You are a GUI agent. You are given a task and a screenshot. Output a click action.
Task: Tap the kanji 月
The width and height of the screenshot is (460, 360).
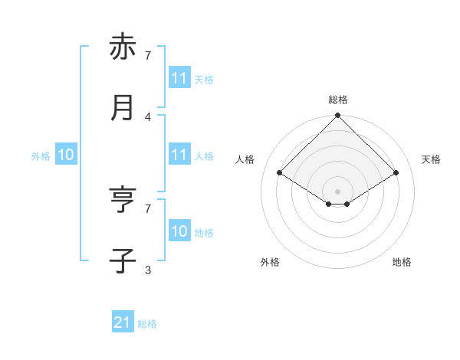(123, 108)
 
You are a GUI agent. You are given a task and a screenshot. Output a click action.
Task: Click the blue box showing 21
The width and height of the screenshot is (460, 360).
(123, 323)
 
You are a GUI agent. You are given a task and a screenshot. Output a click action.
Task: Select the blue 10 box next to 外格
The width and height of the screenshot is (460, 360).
(66, 155)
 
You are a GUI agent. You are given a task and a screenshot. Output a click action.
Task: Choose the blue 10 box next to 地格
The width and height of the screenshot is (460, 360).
(179, 232)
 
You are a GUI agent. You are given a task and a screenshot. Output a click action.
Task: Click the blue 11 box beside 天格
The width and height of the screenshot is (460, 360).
(179, 79)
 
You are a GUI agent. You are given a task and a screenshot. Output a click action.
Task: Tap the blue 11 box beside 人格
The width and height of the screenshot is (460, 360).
(179, 155)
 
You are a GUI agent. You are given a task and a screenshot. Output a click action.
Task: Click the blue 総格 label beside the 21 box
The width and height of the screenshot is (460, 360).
(147, 324)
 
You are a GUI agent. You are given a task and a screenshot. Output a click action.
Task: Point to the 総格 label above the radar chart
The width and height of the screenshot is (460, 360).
(338, 100)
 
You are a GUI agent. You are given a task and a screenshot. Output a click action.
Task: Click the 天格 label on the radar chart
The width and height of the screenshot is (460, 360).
(432, 159)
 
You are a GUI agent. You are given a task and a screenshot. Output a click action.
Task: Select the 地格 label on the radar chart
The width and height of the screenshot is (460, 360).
(402, 262)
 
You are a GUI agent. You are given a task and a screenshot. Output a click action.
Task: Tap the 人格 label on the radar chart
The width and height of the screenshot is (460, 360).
(245, 159)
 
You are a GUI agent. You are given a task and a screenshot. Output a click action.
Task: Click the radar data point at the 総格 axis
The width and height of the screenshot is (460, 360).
(338, 116)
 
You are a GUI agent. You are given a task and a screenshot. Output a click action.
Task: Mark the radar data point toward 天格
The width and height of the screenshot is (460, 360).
(396, 173)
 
